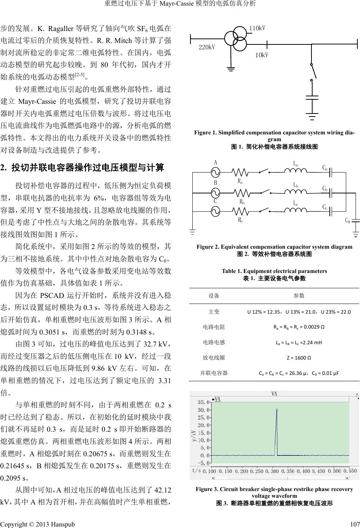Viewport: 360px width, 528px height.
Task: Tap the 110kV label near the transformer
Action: [x=257, y=28]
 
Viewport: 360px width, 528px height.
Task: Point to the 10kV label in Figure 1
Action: [x=262, y=55]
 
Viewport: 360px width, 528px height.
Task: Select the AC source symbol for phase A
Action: [x=215, y=172]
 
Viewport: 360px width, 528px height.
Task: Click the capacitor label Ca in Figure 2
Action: [x=325, y=168]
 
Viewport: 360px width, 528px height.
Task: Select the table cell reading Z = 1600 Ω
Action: [x=299, y=357]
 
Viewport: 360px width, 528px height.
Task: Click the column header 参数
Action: [x=299, y=296]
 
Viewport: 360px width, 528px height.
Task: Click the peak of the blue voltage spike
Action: [x=276, y=409]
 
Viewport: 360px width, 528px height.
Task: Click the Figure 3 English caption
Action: [x=274, y=492]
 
